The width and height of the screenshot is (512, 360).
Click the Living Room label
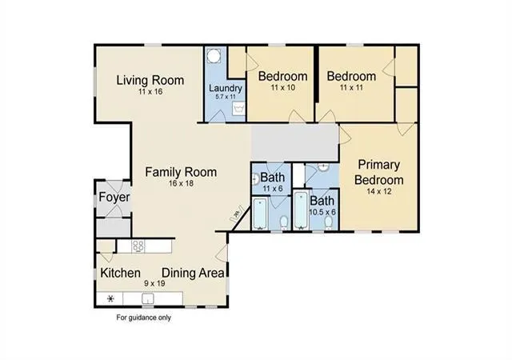point(150,80)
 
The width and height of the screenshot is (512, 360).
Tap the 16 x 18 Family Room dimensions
point(181,183)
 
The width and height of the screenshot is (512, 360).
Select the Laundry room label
point(226,88)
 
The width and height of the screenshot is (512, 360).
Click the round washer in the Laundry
point(214,55)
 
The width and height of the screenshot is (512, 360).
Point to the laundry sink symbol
point(238,109)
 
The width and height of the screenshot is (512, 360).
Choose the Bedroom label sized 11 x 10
point(282,76)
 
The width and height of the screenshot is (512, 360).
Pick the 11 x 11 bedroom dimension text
point(351,87)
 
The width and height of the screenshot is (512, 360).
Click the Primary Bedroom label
point(378,172)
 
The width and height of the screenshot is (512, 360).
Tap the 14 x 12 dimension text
point(378,191)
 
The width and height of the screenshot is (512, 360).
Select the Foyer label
point(114,198)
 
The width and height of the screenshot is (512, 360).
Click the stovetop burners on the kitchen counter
point(138,246)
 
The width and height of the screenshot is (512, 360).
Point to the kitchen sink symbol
point(148,298)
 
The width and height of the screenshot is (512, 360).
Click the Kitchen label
point(121,273)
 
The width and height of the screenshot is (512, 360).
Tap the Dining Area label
point(194,273)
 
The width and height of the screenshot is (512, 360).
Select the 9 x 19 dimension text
point(154,283)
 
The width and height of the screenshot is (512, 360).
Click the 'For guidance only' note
point(144,318)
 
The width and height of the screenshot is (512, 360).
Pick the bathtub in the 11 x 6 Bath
point(260,214)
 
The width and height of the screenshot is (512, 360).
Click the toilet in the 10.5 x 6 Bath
point(329,222)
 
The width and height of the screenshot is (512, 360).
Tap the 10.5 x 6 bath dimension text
point(322,212)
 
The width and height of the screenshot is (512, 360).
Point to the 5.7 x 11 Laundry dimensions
point(226,97)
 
